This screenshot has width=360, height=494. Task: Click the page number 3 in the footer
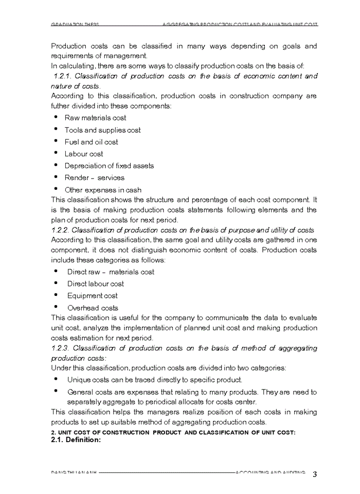pos(314,474)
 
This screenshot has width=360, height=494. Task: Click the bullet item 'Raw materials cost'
pos(95,118)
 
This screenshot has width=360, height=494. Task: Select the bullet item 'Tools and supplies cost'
pos(102,130)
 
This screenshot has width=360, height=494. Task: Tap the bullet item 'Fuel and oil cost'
pos(91,142)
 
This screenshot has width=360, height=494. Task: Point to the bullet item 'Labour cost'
pos(84,154)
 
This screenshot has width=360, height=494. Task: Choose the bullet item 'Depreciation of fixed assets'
pos(109,166)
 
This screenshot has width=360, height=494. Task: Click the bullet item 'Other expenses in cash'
pos(103,190)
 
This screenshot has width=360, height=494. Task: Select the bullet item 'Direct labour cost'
pos(96,284)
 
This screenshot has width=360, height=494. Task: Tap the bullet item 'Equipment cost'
pos(93,296)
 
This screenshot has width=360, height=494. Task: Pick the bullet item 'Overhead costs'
pos(93,308)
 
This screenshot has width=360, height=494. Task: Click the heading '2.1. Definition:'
pos(76,440)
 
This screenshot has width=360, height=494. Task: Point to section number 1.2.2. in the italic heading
pos(60,230)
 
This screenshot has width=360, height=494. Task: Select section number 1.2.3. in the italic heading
pos(61,348)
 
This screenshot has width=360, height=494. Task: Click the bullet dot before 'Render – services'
pos(55,177)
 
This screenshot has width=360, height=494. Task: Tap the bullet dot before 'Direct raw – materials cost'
pos(55,271)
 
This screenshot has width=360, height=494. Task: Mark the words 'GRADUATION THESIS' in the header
pos(75,25)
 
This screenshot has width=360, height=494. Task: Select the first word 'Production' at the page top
pos(68,46)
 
